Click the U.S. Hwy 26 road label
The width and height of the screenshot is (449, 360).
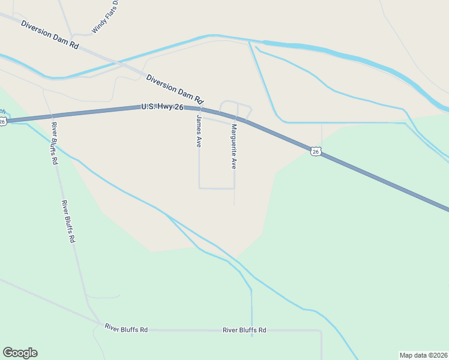(162, 107)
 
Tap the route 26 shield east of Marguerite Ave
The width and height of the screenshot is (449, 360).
(316, 151)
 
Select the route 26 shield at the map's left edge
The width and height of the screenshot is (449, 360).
(2, 121)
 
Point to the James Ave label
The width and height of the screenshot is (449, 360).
(198, 131)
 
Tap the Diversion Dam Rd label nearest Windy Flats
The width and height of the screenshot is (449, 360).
(49, 35)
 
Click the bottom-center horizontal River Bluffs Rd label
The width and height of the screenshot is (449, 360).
(244, 330)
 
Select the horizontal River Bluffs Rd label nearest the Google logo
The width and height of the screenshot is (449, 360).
(126, 328)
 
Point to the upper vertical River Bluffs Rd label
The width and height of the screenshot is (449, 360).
(55, 143)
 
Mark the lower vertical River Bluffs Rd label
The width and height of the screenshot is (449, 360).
(68, 221)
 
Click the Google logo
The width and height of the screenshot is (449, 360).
(20, 353)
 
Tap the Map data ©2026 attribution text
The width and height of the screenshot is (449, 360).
(424, 355)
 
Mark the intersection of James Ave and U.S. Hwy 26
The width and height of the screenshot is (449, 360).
(199, 109)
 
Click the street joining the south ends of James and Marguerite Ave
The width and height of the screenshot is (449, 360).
(217, 188)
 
